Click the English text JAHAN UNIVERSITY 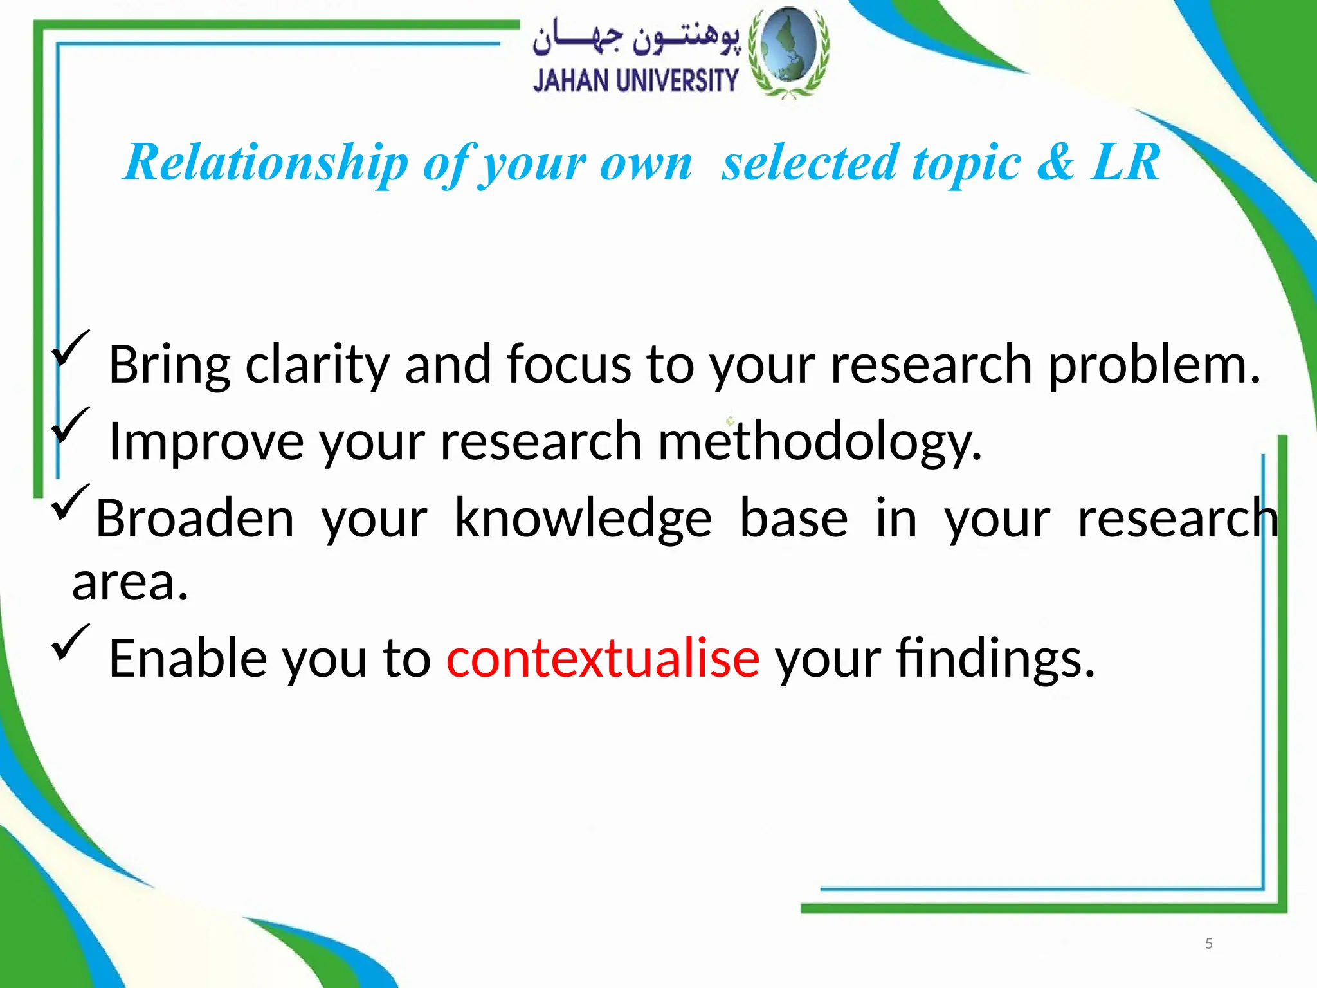click(635, 82)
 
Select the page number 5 click(1208, 944)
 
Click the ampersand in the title click(1055, 162)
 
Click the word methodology click(820, 442)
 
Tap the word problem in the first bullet click(1154, 365)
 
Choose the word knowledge click(583, 518)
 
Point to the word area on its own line click(130, 583)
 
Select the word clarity click(318, 365)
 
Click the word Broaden click(195, 518)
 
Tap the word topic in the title click(967, 162)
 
